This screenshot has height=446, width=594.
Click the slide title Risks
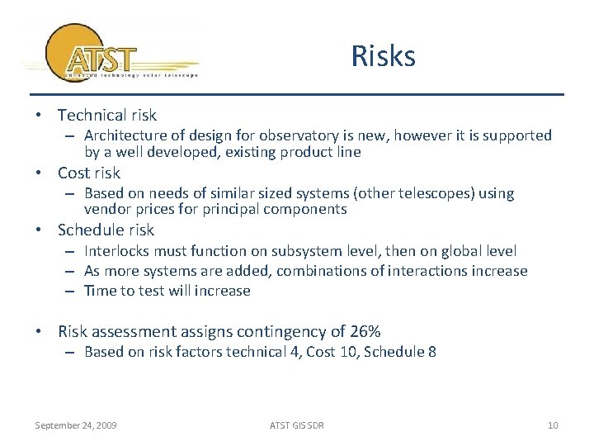pyautogui.click(x=383, y=56)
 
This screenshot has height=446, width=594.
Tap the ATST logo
pyautogui.click(x=107, y=56)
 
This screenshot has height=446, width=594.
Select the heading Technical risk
pyautogui.click(x=106, y=116)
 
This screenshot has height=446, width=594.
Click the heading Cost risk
pyautogui.click(x=88, y=173)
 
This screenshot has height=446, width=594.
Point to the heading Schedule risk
pyautogui.click(x=106, y=230)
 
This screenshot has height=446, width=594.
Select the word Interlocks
pyautogui.click(x=119, y=250)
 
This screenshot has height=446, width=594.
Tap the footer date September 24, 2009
pyautogui.click(x=75, y=425)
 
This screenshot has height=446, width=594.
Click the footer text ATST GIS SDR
pyautogui.click(x=297, y=425)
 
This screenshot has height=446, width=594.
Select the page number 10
pyautogui.click(x=553, y=425)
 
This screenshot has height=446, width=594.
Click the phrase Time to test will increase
pyautogui.click(x=167, y=290)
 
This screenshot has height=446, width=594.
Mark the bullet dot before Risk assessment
pyautogui.click(x=40, y=332)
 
